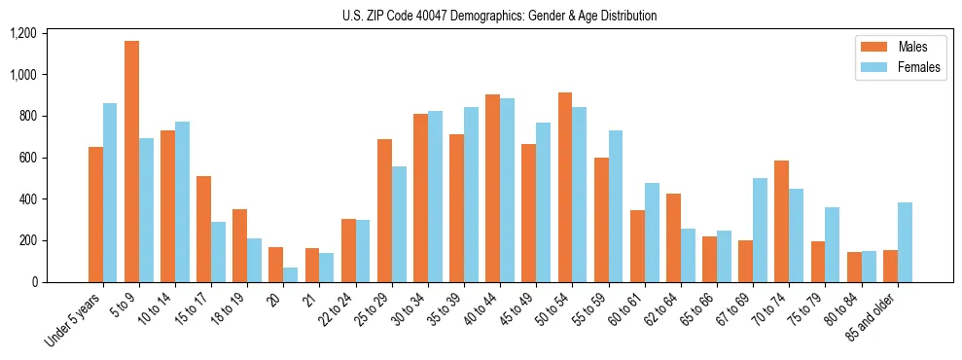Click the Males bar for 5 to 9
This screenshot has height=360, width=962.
(x=131, y=162)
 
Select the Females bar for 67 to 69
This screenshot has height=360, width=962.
(x=760, y=230)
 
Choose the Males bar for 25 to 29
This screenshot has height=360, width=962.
(x=384, y=210)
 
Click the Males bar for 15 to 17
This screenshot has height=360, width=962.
(x=203, y=229)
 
